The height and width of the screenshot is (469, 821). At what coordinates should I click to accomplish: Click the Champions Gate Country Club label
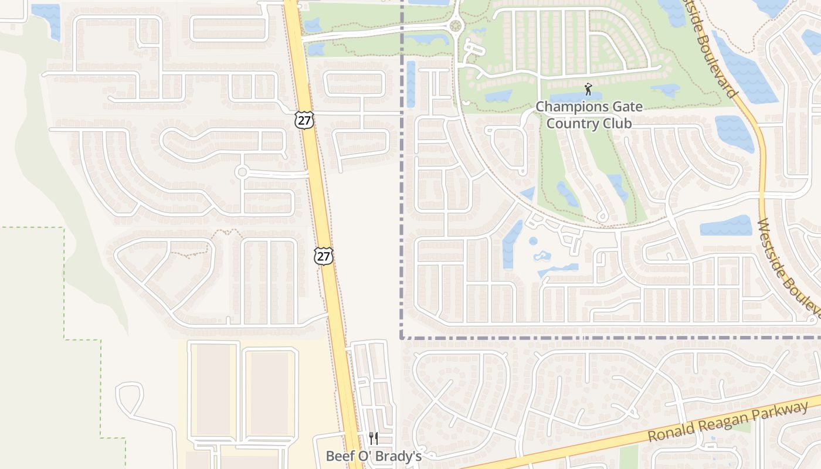(589, 115)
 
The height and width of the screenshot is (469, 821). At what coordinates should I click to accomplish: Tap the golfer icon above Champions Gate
(588, 90)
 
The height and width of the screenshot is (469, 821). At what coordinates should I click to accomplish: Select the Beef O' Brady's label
(374, 456)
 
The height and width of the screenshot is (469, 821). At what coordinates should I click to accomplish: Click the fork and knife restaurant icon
(373, 439)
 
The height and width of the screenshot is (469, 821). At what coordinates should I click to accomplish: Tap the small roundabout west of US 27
(242, 172)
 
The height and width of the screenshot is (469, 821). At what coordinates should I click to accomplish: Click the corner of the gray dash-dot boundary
(402, 338)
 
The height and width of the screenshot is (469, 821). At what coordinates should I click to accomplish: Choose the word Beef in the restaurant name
(338, 456)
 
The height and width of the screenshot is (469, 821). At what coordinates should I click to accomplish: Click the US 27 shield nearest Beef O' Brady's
(323, 255)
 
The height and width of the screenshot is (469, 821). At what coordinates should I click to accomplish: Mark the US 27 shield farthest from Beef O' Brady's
(304, 120)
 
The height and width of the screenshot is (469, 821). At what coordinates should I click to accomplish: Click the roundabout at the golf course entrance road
(456, 25)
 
